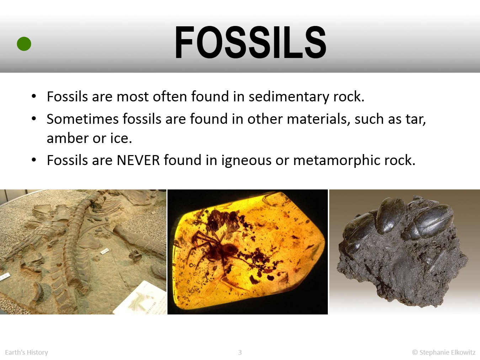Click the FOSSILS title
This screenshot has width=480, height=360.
tap(250, 42)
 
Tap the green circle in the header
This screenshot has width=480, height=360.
tap(24, 44)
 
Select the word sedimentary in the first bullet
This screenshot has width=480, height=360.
tap(289, 97)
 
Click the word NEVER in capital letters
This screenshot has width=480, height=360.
tap(138, 160)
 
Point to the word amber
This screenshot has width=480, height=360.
tap(68, 138)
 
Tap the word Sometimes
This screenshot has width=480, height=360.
tap(82, 119)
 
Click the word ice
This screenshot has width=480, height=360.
tap(121, 138)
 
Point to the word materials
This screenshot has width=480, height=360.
tap(319, 120)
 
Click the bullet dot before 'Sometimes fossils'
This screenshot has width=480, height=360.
tap(34, 119)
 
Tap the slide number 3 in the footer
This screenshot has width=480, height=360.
tap(240, 352)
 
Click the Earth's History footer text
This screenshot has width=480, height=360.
tap(26, 353)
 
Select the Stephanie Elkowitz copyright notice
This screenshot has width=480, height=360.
tap(444, 353)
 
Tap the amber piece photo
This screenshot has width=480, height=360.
tap(247, 252)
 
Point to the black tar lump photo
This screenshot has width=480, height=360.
tap(405, 252)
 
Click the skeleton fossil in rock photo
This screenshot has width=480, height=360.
tap(83, 252)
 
